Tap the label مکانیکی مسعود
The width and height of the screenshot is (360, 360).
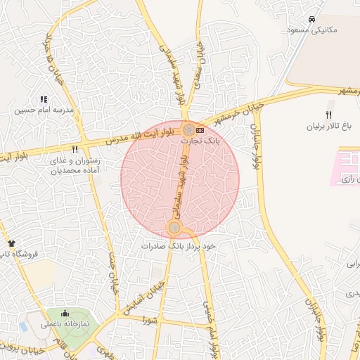312,30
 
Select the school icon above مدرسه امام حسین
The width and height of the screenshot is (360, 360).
44,100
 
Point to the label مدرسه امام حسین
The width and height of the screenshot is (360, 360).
44,110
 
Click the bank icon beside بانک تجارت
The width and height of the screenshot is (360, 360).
202,130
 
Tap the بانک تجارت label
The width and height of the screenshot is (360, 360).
200,141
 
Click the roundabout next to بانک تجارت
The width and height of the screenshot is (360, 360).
189,129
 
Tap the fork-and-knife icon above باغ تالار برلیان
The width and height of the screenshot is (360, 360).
328,115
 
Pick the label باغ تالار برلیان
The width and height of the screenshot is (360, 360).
327,127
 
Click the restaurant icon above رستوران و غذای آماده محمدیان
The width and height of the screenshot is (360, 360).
75,150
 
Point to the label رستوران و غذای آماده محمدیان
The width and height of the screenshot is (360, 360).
75,165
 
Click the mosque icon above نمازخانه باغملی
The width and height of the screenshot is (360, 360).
65,314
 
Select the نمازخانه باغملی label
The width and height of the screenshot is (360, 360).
65,324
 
